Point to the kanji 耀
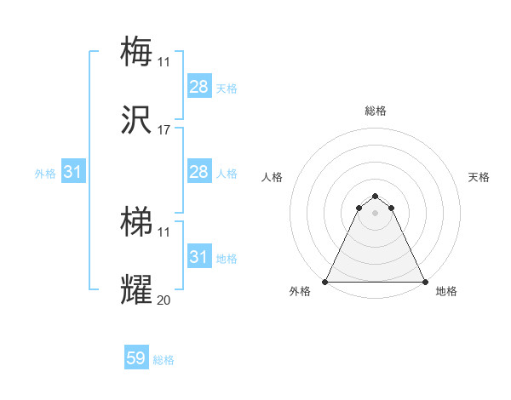136,289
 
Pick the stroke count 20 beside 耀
164,300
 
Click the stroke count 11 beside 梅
164,61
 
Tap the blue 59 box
136,359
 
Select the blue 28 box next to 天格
199,87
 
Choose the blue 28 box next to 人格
199,173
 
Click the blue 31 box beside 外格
73,173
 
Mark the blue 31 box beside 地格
199,257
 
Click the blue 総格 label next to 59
164,360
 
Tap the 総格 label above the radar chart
376,111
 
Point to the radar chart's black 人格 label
273,177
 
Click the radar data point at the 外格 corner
326,282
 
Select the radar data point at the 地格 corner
425,282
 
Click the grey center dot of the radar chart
376,213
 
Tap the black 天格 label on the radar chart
479,177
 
